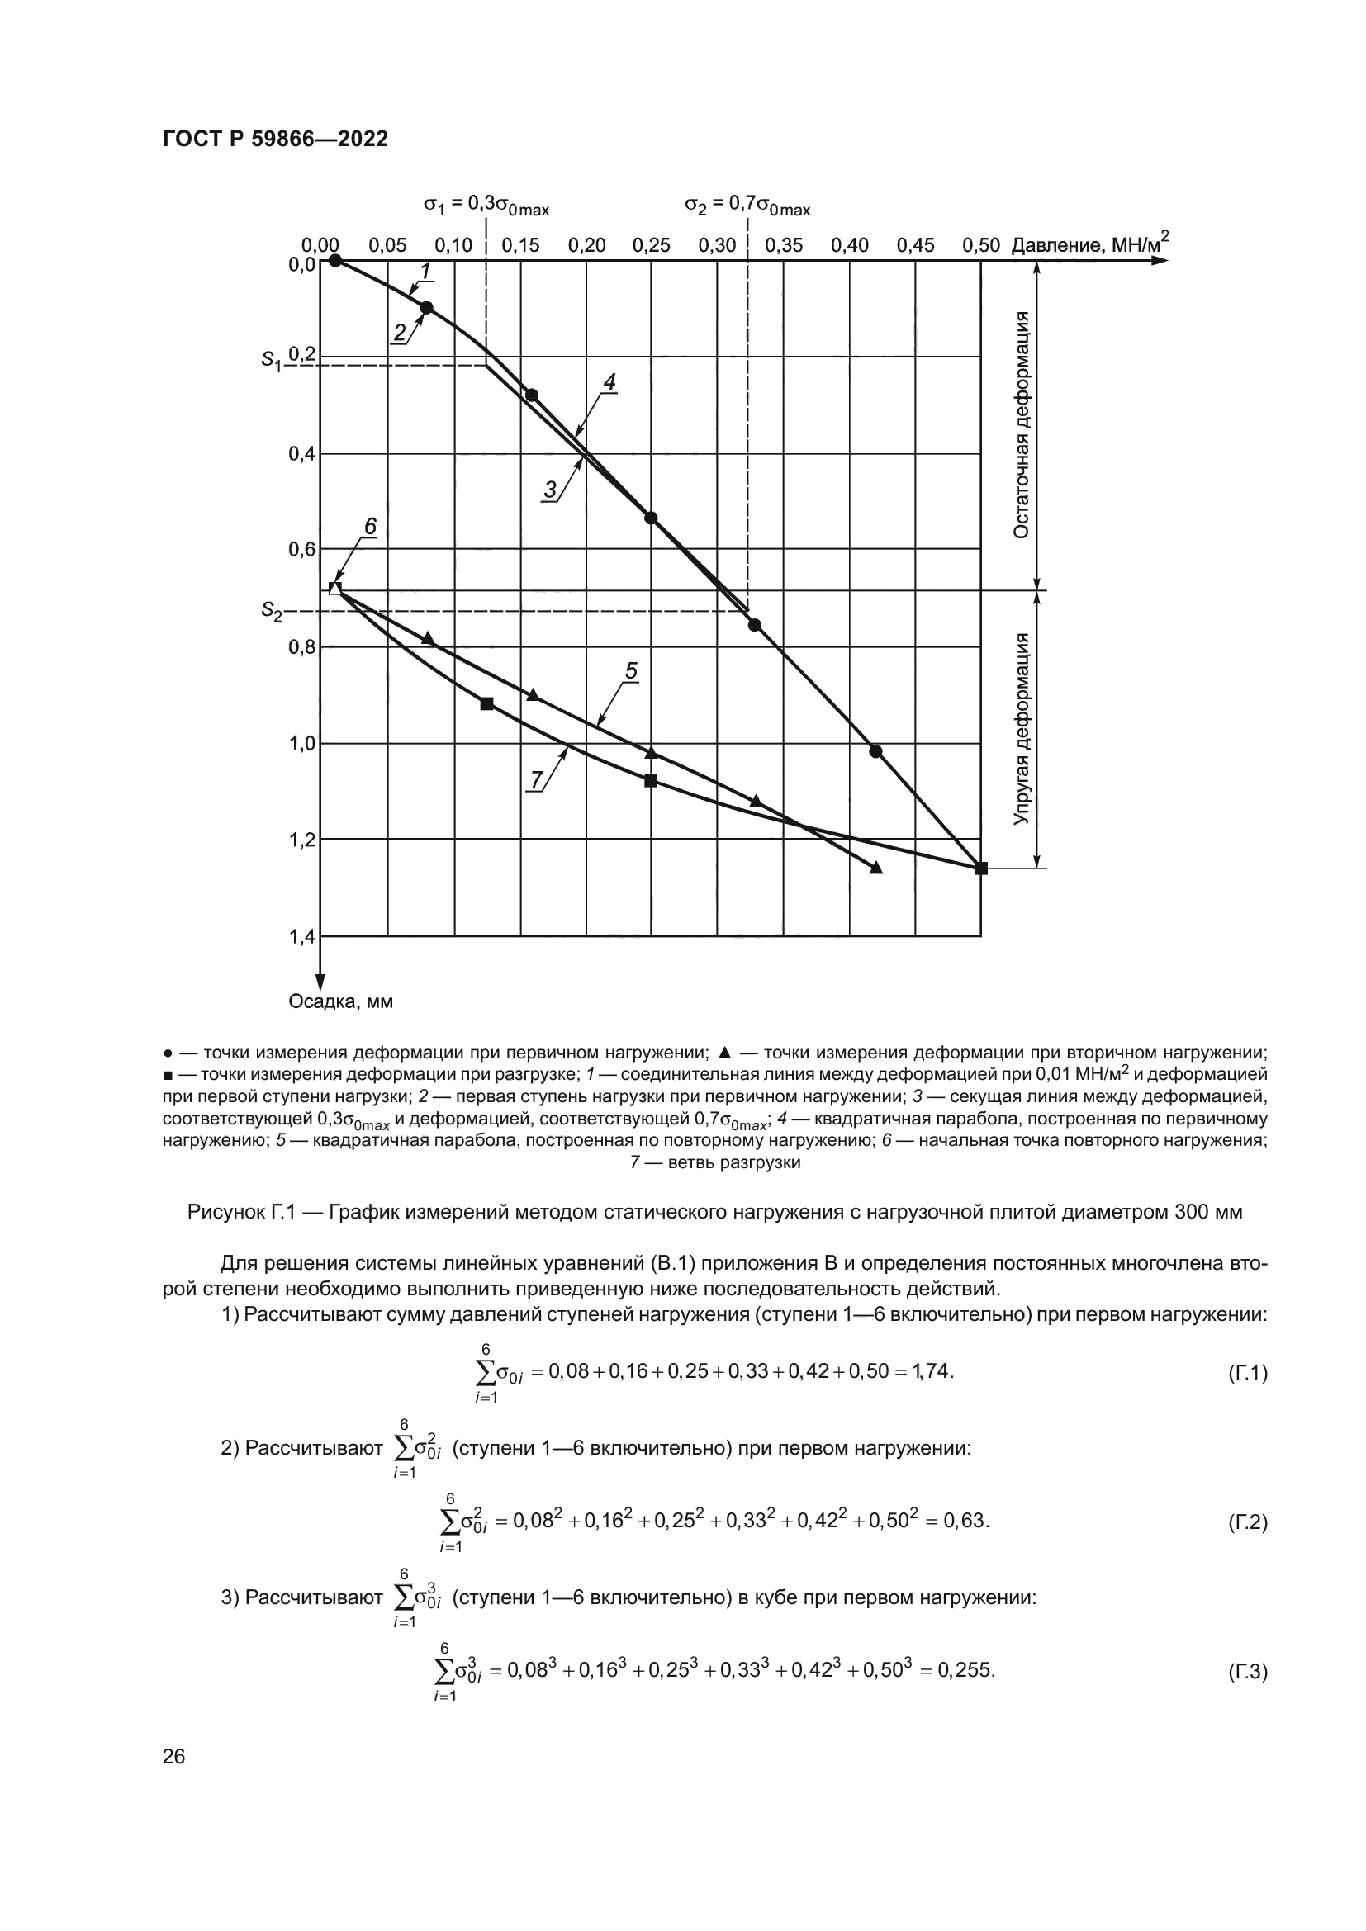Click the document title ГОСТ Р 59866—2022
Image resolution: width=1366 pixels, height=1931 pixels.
coord(275,139)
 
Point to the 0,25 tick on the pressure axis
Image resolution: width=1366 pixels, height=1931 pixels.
coord(651,245)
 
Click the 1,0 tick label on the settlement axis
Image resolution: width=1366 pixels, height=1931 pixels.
coord(301,744)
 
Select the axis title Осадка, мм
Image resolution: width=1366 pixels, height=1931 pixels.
coord(340,1001)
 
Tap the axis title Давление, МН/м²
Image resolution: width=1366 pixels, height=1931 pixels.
coord(1089,244)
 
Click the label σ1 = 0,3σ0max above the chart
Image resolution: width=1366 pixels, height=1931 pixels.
coord(486,206)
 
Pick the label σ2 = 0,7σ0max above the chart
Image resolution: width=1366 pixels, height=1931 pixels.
coord(747,206)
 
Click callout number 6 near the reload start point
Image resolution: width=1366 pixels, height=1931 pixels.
coord(369,527)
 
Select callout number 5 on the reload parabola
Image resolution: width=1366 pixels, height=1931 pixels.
coord(631,671)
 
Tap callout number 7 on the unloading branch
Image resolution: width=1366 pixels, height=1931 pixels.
coord(536,779)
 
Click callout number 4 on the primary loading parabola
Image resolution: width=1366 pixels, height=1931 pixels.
coord(609,383)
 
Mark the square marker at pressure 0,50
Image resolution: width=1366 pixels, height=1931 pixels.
coord(981,868)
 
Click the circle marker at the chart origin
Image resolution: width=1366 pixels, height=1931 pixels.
coord(335,260)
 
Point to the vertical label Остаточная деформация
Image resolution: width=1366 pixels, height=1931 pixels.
coord(1021,424)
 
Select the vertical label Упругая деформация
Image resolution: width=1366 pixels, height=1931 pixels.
coord(1021,729)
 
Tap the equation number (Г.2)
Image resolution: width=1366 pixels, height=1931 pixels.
coord(1247,1522)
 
